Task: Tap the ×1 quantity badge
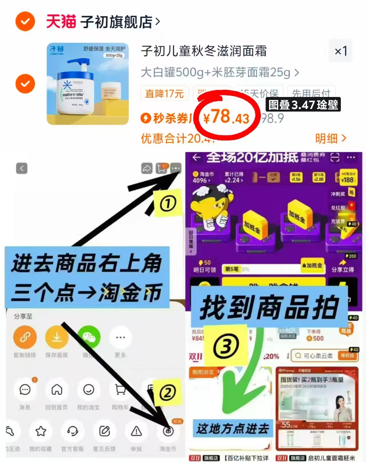341,51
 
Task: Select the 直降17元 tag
164,93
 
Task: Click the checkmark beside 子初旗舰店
25,21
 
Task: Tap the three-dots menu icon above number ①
176,168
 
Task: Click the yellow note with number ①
168,203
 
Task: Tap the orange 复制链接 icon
25,338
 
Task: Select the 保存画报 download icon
57,338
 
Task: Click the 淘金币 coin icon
168,431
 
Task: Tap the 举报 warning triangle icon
136,431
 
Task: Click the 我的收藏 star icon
41,431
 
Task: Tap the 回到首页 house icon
57,390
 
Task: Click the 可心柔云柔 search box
317,356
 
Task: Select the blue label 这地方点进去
232,429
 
